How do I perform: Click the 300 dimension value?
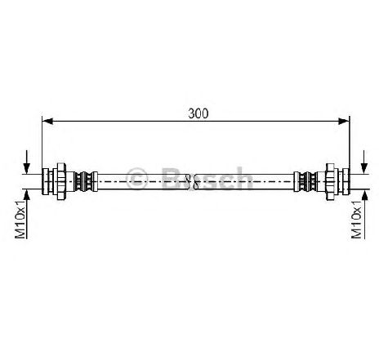(x=198, y=113)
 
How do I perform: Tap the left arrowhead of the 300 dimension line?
(x=47, y=122)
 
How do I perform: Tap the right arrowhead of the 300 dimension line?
(x=344, y=122)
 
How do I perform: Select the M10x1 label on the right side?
(x=356, y=219)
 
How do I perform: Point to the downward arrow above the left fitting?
(x=27, y=162)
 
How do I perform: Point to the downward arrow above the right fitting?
(x=364, y=162)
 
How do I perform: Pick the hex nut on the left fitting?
(x=61, y=181)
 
